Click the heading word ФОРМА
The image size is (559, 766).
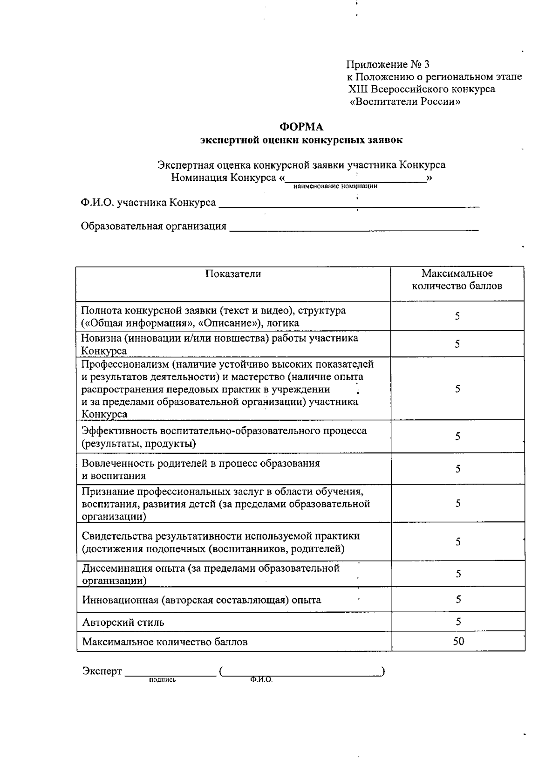coord(301,127)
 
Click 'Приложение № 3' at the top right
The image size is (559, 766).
coord(388,64)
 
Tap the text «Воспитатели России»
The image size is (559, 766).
coord(405,102)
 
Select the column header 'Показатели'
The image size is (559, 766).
coord(233,274)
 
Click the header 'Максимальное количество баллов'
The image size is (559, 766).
coord(457,280)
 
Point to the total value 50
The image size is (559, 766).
coord(458,641)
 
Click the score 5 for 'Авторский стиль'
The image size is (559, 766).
coord(458,622)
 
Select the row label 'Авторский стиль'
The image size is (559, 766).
coord(123,622)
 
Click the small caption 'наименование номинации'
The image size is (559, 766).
coord(335,186)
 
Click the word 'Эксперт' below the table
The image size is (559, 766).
coord(102,671)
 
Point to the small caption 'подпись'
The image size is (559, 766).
coord(162,680)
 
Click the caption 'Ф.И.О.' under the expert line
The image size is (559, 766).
coord(261,680)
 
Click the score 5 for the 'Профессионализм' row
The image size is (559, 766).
coord(458,389)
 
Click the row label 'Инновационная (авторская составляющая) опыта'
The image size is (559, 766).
coord(201,600)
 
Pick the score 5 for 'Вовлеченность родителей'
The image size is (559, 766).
coord(458,469)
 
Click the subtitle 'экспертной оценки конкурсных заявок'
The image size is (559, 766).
coord(301,140)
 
